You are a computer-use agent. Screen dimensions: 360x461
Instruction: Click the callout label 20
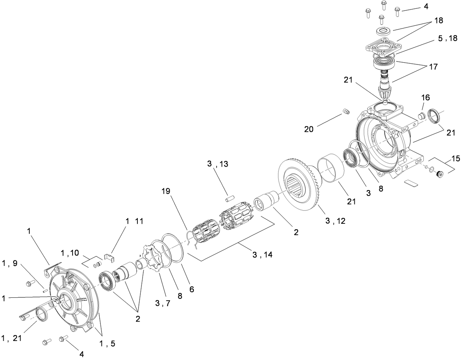309,129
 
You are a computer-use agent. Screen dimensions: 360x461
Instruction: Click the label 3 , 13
217,164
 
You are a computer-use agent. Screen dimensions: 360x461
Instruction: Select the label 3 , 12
335,221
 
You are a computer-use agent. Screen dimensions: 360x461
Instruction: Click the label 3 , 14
262,255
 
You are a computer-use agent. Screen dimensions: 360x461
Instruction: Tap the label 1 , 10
70,252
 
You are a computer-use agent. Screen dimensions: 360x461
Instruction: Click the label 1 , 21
12,339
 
